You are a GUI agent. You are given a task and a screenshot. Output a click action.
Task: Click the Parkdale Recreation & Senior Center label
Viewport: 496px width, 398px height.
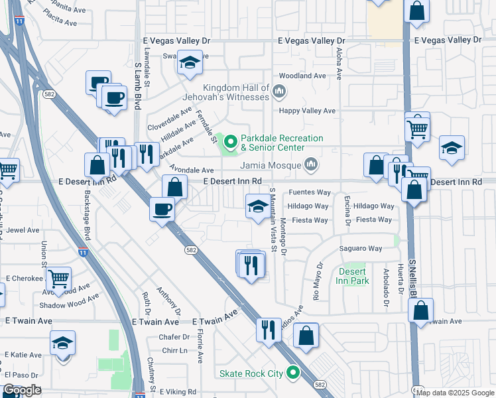[x=282, y=143]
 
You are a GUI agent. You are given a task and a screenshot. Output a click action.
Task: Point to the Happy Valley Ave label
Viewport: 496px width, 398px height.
[x=308, y=111]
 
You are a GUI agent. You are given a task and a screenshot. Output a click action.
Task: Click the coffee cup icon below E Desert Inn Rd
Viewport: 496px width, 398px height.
[x=162, y=210]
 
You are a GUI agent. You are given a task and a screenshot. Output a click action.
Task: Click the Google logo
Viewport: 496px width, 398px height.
[x=23, y=390]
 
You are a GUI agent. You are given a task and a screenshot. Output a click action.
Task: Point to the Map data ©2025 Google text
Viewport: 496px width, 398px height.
[x=455, y=393]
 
